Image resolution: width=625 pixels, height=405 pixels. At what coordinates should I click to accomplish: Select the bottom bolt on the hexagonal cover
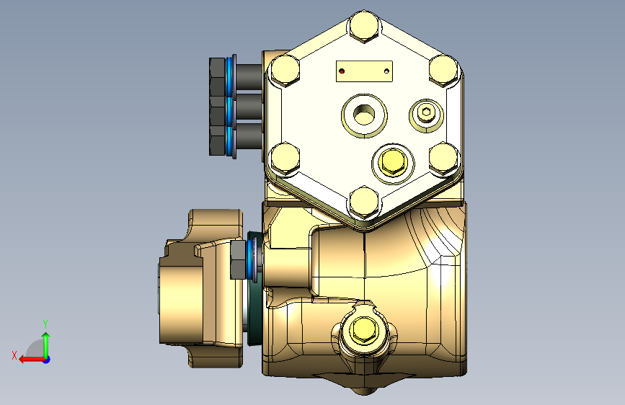(364, 202)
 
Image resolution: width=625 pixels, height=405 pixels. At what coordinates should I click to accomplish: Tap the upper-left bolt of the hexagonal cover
(285, 71)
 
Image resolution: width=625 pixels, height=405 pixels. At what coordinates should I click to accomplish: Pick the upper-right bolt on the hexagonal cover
(443, 71)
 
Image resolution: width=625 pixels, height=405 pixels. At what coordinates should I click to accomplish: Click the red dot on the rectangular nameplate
(342, 71)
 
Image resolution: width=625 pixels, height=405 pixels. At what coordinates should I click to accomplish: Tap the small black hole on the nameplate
(386, 71)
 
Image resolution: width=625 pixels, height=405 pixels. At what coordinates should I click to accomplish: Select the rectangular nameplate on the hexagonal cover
(364, 71)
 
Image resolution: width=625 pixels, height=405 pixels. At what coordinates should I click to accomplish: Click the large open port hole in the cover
(364, 115)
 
